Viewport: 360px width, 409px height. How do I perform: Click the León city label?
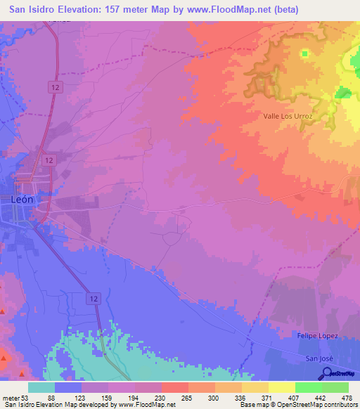(22, 199)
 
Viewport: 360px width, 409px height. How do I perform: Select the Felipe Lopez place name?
(318, 335)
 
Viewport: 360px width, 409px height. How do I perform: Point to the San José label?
(316, 358)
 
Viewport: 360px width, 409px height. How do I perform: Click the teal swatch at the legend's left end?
(41, 387)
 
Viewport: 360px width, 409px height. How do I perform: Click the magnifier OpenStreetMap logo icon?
(326, 373)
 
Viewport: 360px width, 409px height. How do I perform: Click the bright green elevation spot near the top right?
(304, 53)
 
